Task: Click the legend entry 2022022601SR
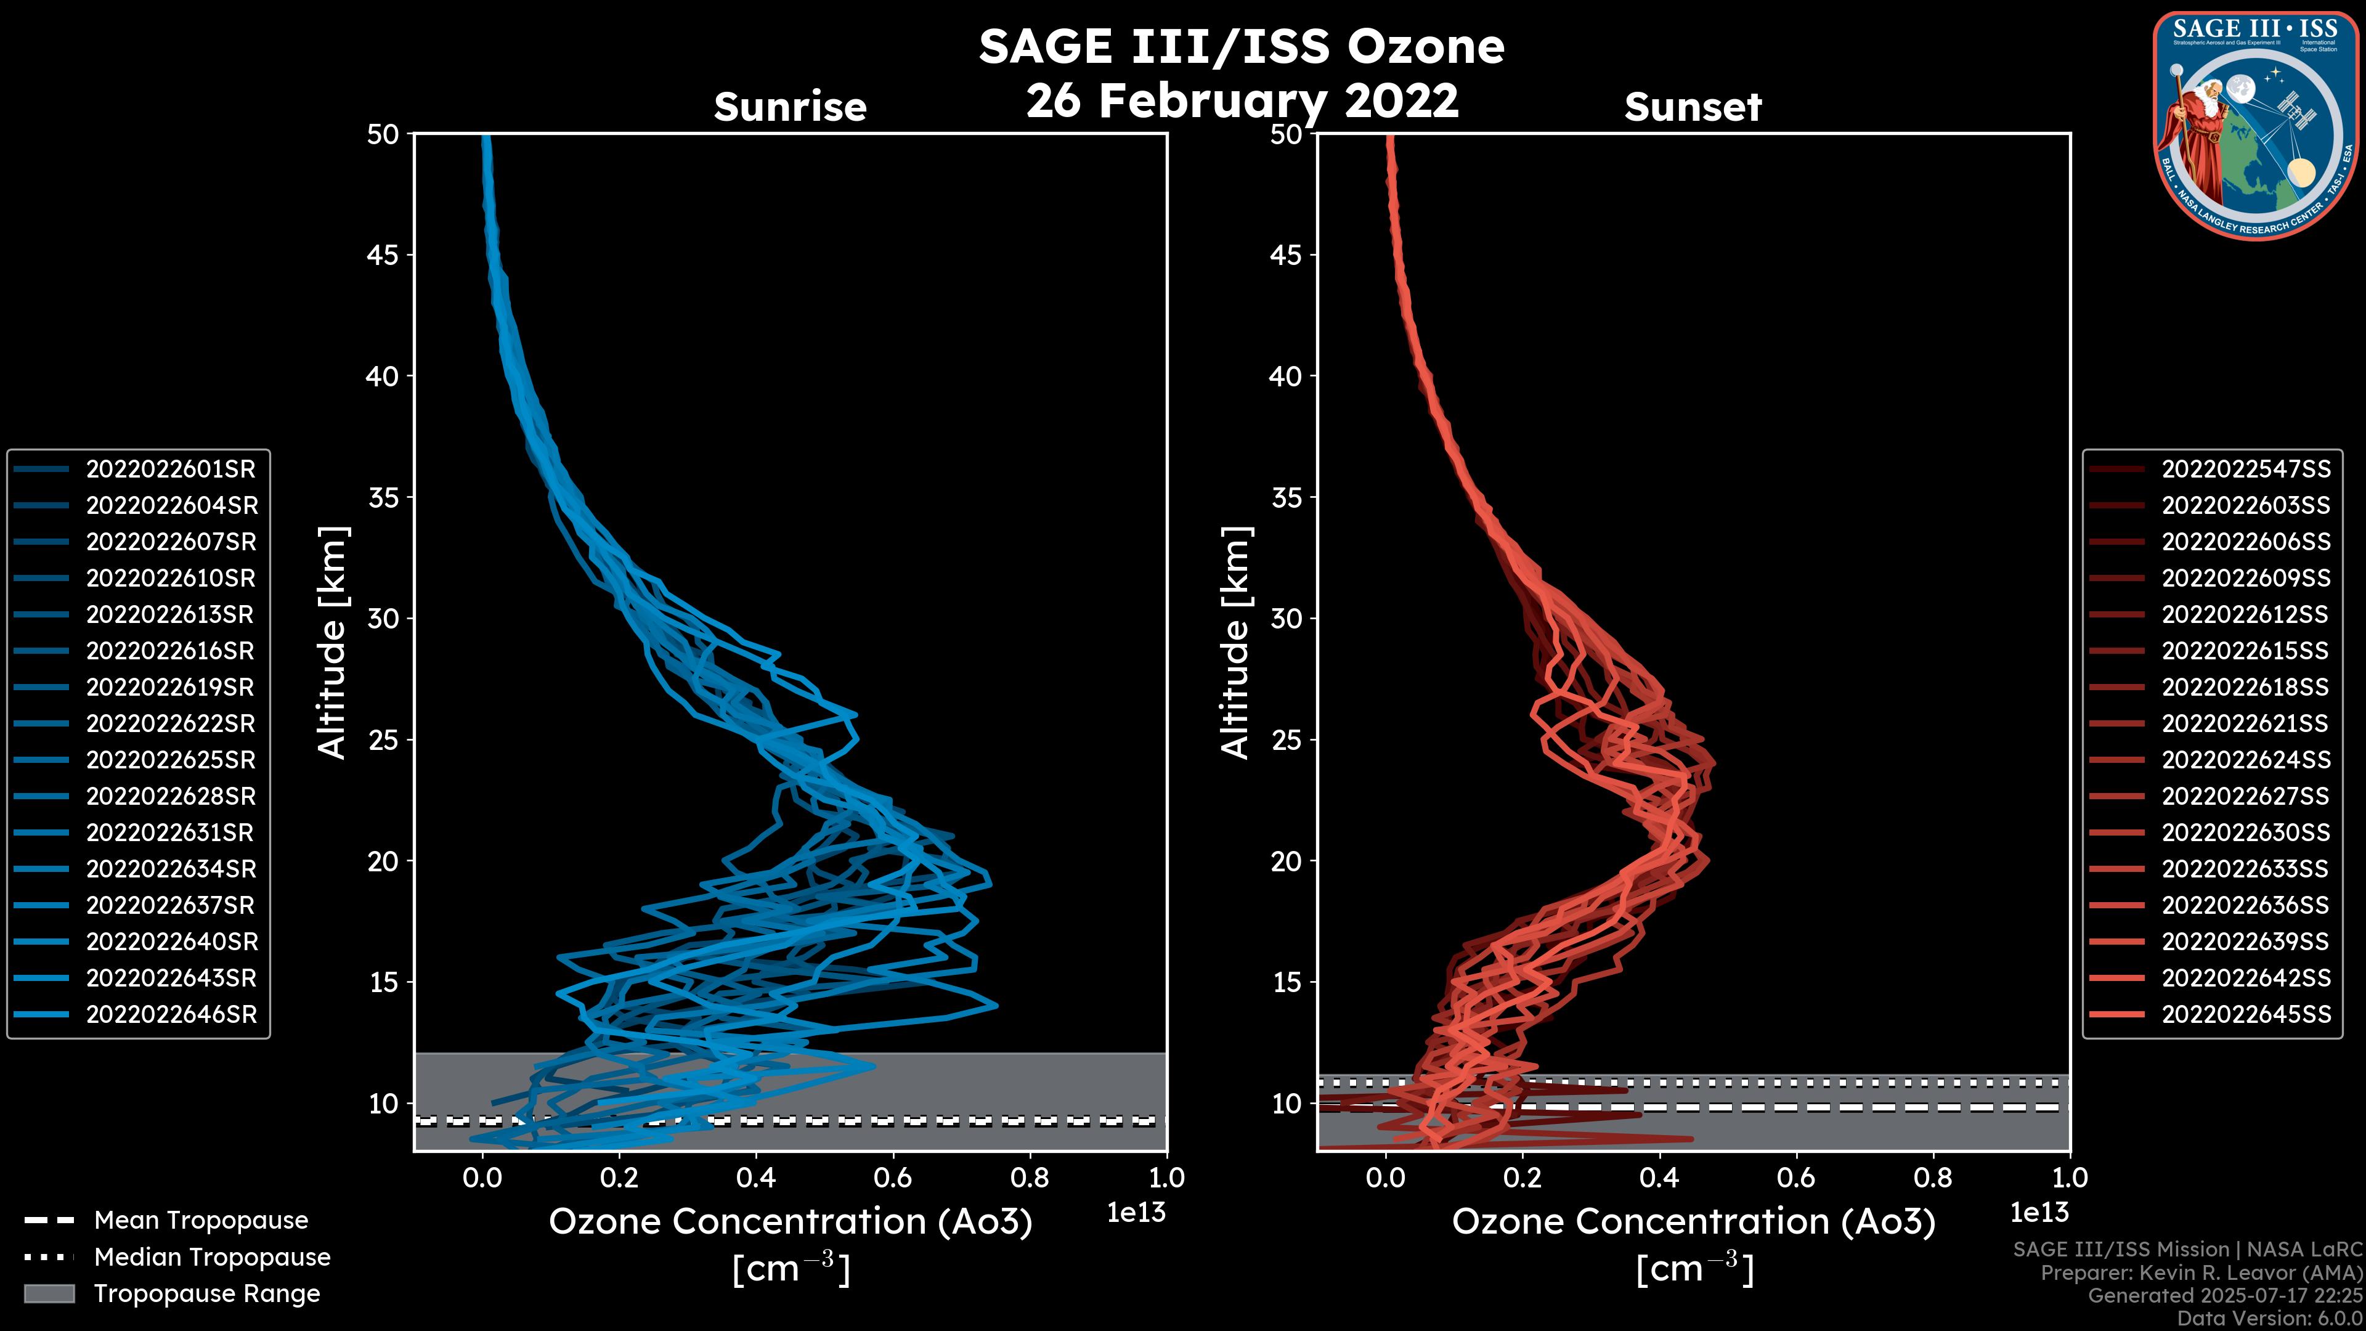click(x=171, y=470)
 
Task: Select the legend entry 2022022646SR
click(x=171, y=1015)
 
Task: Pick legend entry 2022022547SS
click(x=2246, y=470)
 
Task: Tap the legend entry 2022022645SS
click(x=2246, y=1015)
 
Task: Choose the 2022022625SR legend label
click(x=171, y=760)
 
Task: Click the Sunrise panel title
click(x=790, y=107)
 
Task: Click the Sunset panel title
click(x=1693, y=107)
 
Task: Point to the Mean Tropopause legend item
click(x=200, y=1221)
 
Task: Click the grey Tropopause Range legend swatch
click(x=49, y=1294)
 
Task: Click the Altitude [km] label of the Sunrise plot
click(x=333, y=643)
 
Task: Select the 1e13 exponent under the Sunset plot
click(x=2039, y=1213)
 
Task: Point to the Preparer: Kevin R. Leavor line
click(x=2201, y=1273)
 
